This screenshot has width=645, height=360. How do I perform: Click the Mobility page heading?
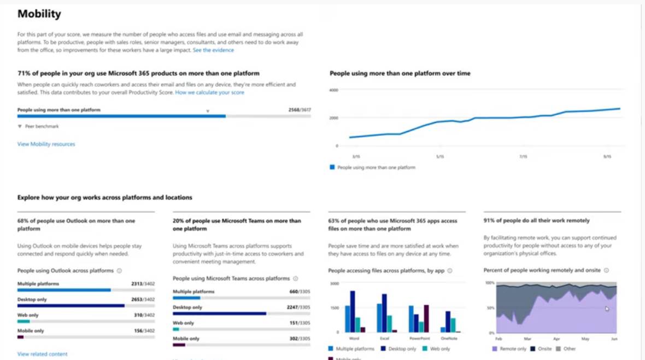pyautogui.click(x=39, y=14)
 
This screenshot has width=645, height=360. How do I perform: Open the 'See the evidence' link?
pyautogui.click(x=213, y=50)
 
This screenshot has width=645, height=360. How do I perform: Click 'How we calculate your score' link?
pyautogui.click(x=209, y=93)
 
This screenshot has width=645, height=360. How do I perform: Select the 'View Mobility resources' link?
pyautogui.click(x=46, y=144)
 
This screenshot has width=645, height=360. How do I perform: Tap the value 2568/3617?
pyautogui.click(x=300, y=110)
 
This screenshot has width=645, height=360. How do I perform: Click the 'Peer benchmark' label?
pyautogui.click(x=42, y=126)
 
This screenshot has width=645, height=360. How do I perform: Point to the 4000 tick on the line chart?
pyautogui.click(x=333, y=89)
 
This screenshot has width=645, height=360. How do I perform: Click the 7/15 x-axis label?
pyautogui.click(x=523, y=157)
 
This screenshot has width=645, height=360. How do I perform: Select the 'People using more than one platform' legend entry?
pyautogui.click(x=376, y=167)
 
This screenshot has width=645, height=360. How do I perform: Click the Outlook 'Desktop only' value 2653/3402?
pyautogui.click(x=143, y=299)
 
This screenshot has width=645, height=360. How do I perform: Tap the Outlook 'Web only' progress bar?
pyautogui.click(x=24, y=321)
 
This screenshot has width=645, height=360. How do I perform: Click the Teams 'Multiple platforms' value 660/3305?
pyautogui.click(x=300, y=291)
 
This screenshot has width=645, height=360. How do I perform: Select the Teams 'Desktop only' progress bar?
pyautogui.click(x=219, y=314)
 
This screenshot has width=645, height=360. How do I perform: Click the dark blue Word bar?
pyautogui.click(x=353, y=311)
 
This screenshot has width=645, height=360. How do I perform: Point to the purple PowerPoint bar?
pyautogui.click(x=426, y=318)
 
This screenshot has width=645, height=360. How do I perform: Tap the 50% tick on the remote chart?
pyautogui.click(x=490, y=308)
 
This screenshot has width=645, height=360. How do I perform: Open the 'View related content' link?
pyautogui.click(x=42, y=354)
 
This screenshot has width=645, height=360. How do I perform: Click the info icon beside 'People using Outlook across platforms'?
pyautogui.click(x=119, y=270)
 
